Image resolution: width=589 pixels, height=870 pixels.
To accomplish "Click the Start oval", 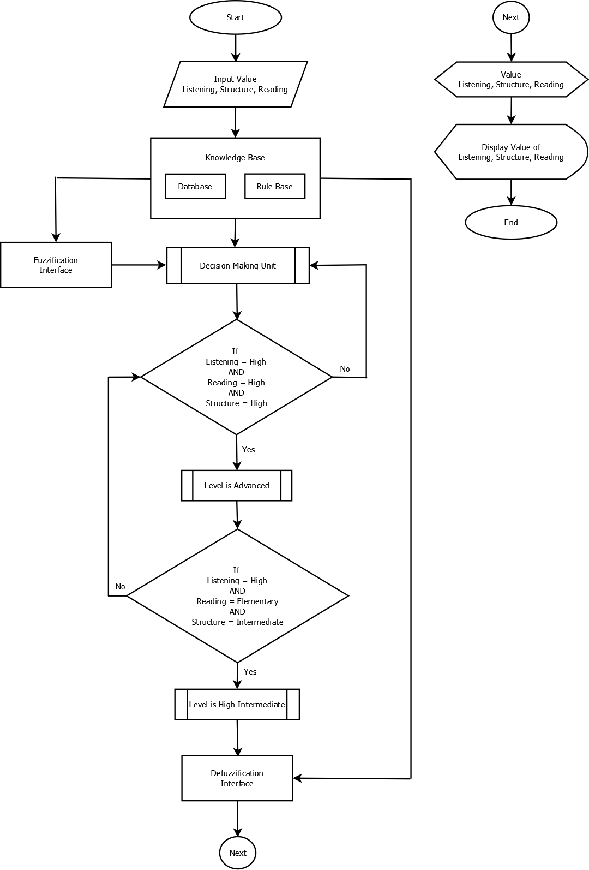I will point(236,17).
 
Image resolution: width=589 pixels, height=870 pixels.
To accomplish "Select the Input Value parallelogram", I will point(236,84).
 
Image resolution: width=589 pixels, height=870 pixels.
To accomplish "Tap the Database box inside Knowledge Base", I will point(195,187).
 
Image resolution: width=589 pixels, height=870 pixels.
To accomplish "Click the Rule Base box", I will point(275,187).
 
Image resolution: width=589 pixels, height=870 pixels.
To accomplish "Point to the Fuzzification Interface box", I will point(56,265).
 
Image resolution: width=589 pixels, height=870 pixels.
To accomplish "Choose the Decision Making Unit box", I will point(238,266).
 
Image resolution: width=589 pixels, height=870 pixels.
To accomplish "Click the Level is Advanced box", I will point(237,486).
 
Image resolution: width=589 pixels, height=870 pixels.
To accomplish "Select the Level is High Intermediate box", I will point(237,705).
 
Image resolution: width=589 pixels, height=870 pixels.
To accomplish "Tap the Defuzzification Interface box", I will point(237,778).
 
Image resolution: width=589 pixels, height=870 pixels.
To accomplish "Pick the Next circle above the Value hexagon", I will point(511,17).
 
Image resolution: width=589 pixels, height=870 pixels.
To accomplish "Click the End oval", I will point(511,223).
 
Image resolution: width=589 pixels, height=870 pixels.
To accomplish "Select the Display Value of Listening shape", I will point(511,152).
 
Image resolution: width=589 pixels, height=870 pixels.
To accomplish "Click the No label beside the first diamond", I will point(345,369).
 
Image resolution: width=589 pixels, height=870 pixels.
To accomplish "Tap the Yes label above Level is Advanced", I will point(249,450).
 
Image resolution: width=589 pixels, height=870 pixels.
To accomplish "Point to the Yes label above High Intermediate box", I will point(250,672).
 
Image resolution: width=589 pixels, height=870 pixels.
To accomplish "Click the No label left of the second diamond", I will point(120,587).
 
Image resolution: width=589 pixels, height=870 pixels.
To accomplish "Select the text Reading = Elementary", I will point(237,601).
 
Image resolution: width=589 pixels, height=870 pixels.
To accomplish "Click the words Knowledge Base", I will point(235,158).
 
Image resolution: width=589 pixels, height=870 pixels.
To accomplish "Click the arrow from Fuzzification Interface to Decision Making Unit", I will point(139,265).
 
